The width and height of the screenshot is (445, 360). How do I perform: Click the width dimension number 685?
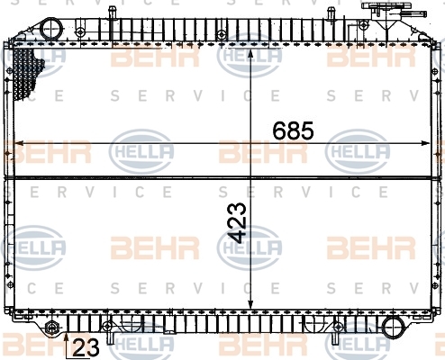(x=293, y=130)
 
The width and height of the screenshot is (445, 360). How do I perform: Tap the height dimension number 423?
(x=237, y=223)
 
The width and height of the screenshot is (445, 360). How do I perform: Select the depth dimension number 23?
(x=86, y=347)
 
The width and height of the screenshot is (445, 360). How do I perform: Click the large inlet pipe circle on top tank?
(x=51, y=30)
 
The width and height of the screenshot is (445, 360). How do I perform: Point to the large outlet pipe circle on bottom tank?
(x=394, y=328)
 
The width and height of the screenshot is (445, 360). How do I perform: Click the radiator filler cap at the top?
(x=381, y=6)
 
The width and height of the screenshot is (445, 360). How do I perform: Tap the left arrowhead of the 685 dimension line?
(x=19, y=143)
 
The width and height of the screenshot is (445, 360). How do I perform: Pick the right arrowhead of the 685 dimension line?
(x=425, y=143)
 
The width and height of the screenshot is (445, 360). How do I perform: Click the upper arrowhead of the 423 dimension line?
(x=250, y=53)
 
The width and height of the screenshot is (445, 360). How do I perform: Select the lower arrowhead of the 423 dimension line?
(x=250, y=303)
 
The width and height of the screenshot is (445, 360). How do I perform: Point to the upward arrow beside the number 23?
(x=67, y=346)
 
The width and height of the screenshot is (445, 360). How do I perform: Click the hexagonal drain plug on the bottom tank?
(x=50, y=327)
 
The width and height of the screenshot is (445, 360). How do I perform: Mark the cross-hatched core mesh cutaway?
(x=26, y=73)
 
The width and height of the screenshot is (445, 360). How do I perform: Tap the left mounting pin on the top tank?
(x=112, y=13)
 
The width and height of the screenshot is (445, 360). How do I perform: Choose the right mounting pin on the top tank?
(x=331, y=14)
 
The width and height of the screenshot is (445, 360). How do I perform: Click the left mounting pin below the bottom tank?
(x=110, y=337)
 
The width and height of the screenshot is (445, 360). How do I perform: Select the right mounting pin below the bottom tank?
(x=335, y=338)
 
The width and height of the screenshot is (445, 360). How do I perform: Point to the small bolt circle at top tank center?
(x=222, y=34)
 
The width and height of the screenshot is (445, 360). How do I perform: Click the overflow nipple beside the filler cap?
(x=414, y=13)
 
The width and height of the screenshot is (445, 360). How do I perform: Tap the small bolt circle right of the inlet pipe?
(x=80, y=31)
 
